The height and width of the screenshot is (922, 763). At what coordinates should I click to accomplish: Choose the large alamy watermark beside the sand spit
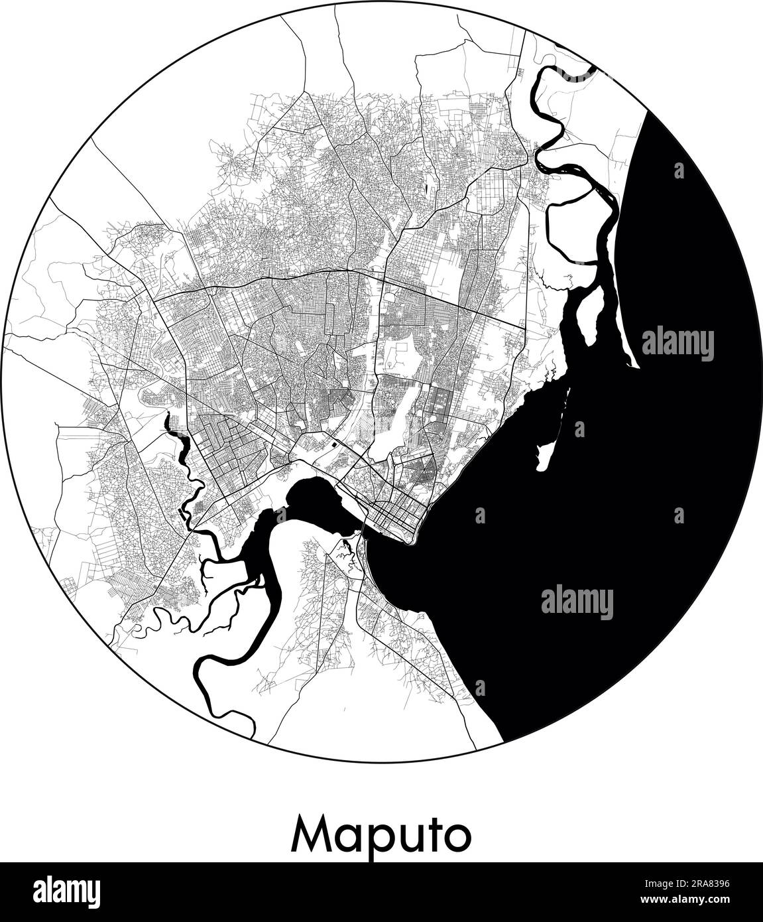click(677, 344)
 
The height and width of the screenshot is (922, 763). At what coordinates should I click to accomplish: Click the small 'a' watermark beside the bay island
click(579, 428)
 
